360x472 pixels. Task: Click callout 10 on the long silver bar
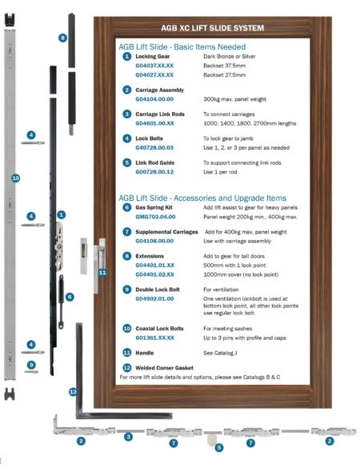pos(15,177)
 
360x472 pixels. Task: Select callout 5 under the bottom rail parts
pos(218,448)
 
